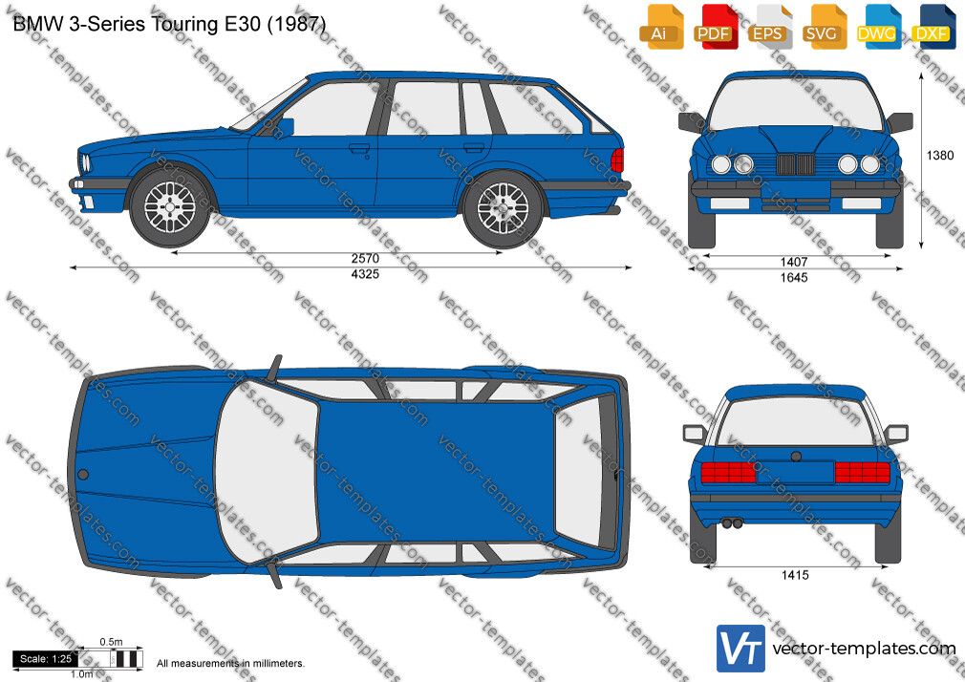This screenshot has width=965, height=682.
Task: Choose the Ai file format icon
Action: click(x=661, y=27)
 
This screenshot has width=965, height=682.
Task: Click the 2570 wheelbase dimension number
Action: click(x=365, y=259)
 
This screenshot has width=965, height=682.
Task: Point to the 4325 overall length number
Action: click(x=365, y=274)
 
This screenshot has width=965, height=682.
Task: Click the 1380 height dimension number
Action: click(x=940, y=155)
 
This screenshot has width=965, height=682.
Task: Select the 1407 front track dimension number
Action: click(x=794, y=263)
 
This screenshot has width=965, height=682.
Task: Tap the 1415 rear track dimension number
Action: click(x=795, y=576)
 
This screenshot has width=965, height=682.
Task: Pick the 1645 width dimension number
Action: click(x=794, y=278)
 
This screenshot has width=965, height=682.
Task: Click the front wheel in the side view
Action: click(x=170, y=207)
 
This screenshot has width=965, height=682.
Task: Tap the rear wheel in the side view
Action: click(x=504, y=208)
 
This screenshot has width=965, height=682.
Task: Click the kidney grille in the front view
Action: click(x=795, y=164)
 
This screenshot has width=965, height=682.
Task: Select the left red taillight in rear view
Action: click(x=728, y=472)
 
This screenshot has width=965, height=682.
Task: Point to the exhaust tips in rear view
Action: click(x=733, y=523)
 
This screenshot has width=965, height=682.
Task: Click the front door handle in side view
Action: click(x=359, y=148)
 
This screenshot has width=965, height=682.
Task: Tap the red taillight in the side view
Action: click(x=617, y=160)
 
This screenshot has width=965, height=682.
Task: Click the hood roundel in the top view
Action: click(x=82, y=475)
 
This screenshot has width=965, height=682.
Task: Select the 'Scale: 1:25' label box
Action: click(x=46, y=659)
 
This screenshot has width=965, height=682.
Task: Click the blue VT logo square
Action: click(x=741, y=649)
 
